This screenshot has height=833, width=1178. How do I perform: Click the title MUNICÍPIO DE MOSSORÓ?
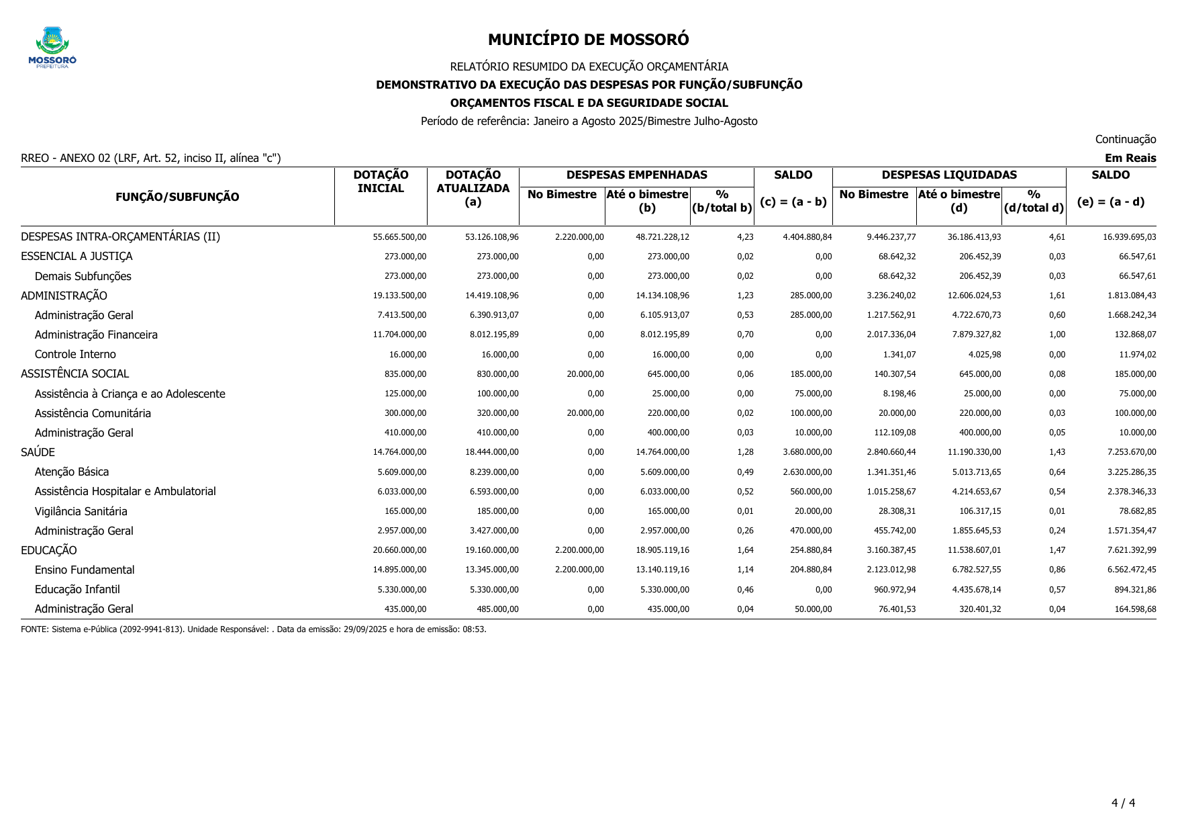(588, 40)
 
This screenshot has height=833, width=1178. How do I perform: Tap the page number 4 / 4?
(1123, 803)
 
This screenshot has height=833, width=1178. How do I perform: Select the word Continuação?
(1125, 139)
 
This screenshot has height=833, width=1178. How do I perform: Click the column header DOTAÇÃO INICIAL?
(381, 181)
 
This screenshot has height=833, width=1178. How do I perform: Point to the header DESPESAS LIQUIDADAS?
(948, 175)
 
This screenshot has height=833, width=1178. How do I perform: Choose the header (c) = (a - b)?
(793, 202)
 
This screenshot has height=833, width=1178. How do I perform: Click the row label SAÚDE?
(38, 452)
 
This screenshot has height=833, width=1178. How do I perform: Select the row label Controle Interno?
(75, 354)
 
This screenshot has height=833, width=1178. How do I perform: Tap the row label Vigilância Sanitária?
(81, 511)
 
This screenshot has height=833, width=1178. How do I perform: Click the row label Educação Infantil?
(77, 589)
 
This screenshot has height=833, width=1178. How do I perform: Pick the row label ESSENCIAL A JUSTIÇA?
(77, 256)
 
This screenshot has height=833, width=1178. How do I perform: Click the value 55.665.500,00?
(399, 237)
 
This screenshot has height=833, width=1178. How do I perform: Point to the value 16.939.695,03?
(1129, 237)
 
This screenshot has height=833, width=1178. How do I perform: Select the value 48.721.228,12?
(662, 237)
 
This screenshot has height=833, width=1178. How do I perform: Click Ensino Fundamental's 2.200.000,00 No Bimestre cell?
(579, 570)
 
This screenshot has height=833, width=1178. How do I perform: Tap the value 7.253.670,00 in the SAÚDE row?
(1132, 452)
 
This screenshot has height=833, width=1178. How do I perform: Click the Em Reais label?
(1130, 158)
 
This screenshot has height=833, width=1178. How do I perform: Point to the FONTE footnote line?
(254, 629)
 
